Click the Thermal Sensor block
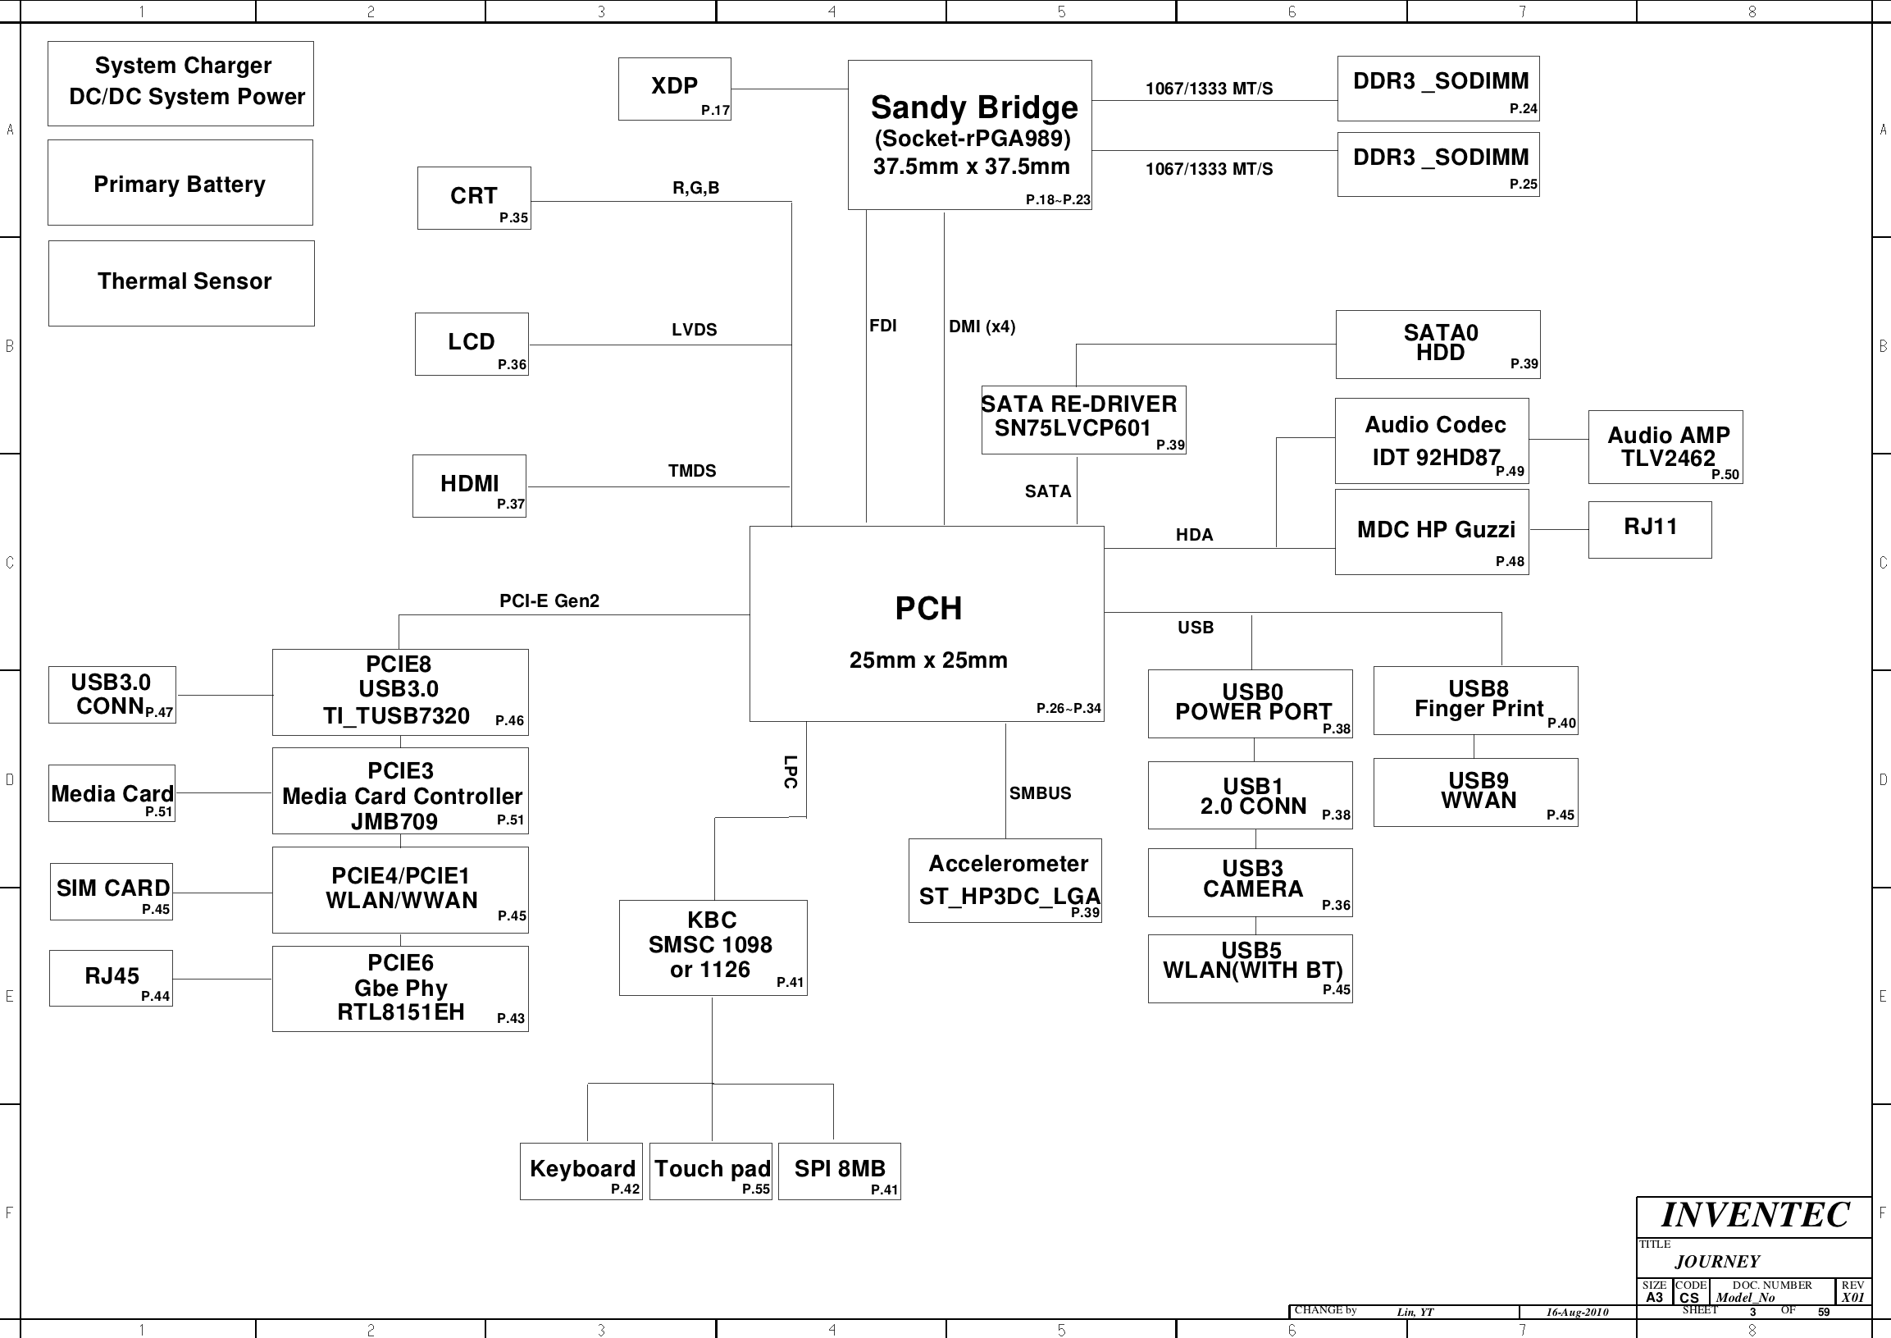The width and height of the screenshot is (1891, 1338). [181, 283]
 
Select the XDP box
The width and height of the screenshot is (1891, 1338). [675, 89]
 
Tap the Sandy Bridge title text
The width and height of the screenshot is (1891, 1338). [974, 108]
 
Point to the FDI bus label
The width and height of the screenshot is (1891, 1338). [883, 326]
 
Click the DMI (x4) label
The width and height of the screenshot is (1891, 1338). [982, 327]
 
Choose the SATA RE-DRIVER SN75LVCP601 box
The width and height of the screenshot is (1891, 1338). [1084, 420]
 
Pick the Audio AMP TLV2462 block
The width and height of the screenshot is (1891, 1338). [1665, 447]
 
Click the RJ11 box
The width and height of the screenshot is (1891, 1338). [1650, 530]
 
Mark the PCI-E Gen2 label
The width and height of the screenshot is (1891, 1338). [549, 601]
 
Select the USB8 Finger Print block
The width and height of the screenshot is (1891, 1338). [1476, 701]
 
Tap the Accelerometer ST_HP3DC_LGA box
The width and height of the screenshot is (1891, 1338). [1005, 881]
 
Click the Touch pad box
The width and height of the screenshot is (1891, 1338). [711, 1171]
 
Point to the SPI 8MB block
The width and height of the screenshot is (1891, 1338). [839, 1171]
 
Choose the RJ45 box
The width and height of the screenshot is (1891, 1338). [112, 978]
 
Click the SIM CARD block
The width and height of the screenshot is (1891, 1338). [112, 892]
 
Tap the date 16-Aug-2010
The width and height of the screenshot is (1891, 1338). [1577, 1313]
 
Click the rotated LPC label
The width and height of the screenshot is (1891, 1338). [791, 772]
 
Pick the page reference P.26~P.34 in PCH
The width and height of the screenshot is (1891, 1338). [1069, 708]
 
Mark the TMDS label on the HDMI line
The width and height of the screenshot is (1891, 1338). [692, 471]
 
